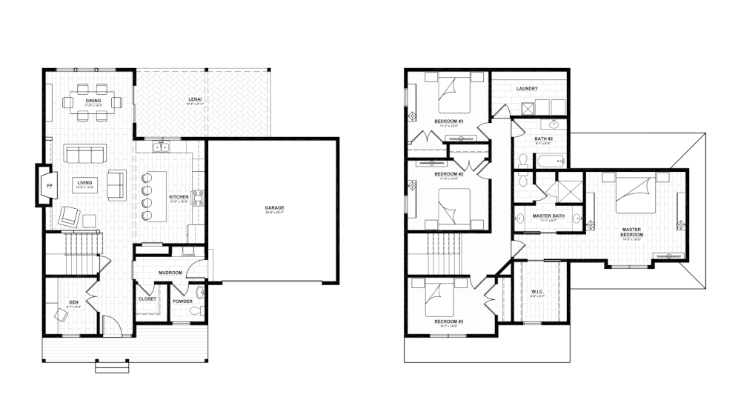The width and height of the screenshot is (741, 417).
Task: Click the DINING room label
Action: [93, 100]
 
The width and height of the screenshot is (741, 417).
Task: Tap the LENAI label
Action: [196, 99]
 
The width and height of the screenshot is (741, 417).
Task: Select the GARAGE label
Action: [274, 207]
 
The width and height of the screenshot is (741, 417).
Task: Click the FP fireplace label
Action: [49, 185]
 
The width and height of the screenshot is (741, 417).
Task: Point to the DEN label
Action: [73, 302]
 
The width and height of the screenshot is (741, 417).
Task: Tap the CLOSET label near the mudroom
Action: [147, 299]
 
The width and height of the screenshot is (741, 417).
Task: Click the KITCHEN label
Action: [179, 196]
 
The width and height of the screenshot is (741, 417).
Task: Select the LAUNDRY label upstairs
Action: [527, 89]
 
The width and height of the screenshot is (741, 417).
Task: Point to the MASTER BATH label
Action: [549, 216]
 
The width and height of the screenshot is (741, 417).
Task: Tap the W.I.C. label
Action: [538, 292]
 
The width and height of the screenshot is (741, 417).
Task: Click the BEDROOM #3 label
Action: [448, 121]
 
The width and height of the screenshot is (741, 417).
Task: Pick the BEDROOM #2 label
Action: [449, 174]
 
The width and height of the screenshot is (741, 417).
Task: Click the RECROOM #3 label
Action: [448, 321]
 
